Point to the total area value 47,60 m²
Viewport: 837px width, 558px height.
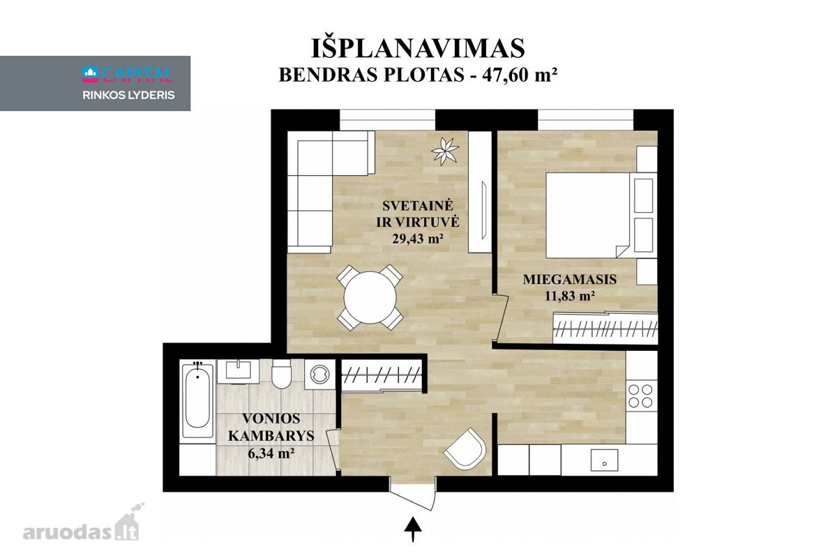coord(520,75)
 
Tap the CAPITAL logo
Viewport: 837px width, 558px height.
coord(128,75)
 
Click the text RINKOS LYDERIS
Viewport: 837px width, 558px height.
coord(128,96)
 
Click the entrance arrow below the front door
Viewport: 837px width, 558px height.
coord(413,529)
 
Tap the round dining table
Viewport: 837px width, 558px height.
coord(370,298)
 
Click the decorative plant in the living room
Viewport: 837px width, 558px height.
coord(445,151)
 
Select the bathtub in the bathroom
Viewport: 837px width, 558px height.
coord(197,400)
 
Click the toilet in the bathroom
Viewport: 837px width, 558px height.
coord(281,374)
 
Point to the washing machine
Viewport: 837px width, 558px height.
coord(320,374)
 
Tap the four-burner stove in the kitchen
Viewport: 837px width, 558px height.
coord(640,396)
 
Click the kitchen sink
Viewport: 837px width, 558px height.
coord(604,460)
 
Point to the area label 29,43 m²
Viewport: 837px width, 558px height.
coord(418,238)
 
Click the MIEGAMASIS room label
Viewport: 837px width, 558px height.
coord(570,279)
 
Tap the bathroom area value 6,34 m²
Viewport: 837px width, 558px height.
coord(271,453)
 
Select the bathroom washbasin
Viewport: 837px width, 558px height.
coord(238,371)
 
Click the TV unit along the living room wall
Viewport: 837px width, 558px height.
coord(480,192)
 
